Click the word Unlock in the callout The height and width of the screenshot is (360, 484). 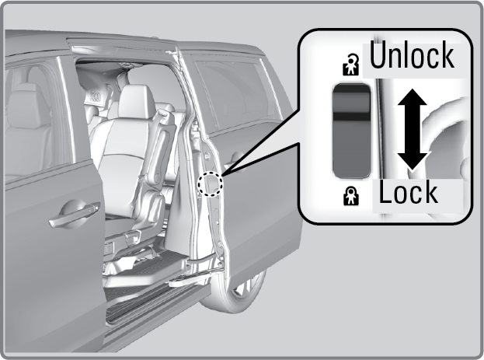[x=412, y=55]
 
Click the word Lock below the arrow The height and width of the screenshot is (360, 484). [x=408, y=192]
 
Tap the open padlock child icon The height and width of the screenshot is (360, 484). [x=351, y=65]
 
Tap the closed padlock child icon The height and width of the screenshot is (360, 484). [x=351, y=196]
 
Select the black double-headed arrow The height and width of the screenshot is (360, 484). [x=412, y=130]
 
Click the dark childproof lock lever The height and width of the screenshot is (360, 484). [x=352, y=131]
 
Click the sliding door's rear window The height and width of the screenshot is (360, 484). [x=235, y=93]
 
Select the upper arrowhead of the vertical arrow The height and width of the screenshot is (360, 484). [x=412, y=97]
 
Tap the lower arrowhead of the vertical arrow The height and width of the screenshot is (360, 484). [x=412, y=162]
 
